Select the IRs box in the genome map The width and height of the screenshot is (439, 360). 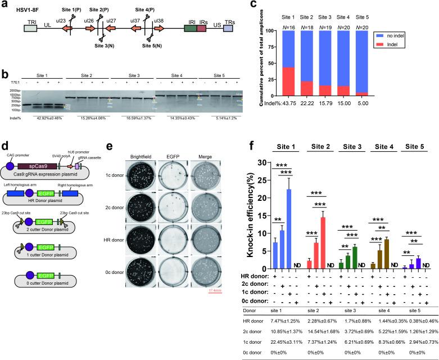coord(202,28)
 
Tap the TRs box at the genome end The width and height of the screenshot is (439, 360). coord(228,28)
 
